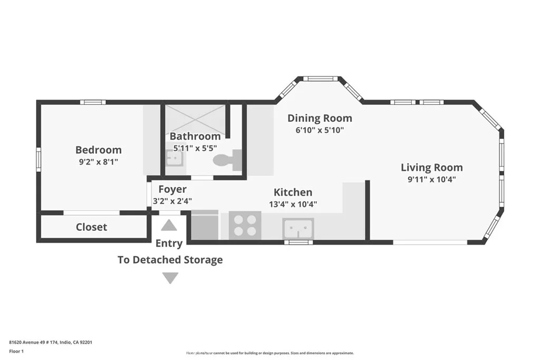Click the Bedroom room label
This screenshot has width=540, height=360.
[x=98, y=150]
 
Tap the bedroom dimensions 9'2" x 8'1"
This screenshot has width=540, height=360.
[x=98, y=162]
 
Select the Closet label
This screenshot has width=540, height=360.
[x=91, y=227]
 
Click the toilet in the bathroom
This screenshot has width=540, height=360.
[x=228, y=159]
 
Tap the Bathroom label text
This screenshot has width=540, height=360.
[x=195, y=137]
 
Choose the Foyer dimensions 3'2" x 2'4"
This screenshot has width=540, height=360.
[x=172, y=201]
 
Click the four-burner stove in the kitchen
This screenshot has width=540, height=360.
[x=245, y=225]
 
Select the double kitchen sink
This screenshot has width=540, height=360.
[x=298, y=228]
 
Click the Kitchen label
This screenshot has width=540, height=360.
[x=293, y=192]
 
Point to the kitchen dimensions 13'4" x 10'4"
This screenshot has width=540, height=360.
[x=293, y=205]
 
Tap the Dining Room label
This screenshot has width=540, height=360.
[x=320, y=118]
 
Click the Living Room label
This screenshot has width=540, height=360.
[x=431, y=168]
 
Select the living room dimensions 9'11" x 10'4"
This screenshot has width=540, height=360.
[x=431, y=179]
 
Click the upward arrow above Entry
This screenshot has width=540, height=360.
[x=169, y=226]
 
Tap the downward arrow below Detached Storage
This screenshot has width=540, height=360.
[x=170, y=278]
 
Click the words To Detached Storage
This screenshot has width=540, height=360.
[x=170, y=260]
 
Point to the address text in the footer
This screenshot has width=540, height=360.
[x=51, y=342]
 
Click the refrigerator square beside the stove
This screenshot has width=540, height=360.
[x=205, y=226]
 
